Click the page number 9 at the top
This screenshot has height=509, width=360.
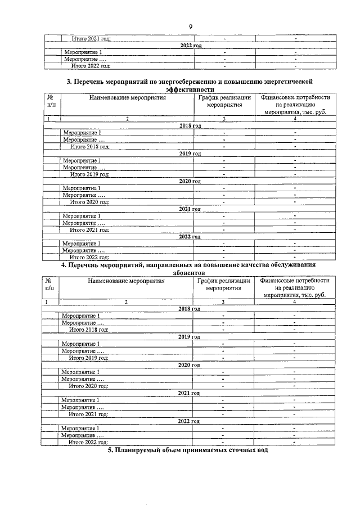(x=191, y=26)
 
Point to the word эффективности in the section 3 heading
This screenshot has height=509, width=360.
(x=190, y=89)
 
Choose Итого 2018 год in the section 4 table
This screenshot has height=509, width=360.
(x=89, y=330)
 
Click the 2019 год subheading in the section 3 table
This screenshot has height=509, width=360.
(x=190, y=154)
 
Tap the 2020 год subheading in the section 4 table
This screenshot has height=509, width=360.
(x=189, y=365)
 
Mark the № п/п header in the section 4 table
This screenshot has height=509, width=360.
(x=50, y=283)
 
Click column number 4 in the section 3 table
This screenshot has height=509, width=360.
(x=294, y=119)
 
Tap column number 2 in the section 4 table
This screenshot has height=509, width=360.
(x=127, y=302)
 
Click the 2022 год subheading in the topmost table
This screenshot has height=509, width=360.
(x=190, y=45)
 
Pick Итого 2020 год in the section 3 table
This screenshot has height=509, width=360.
(x=89, y=202)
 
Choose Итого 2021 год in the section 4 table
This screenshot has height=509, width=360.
(x=88, y=414)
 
